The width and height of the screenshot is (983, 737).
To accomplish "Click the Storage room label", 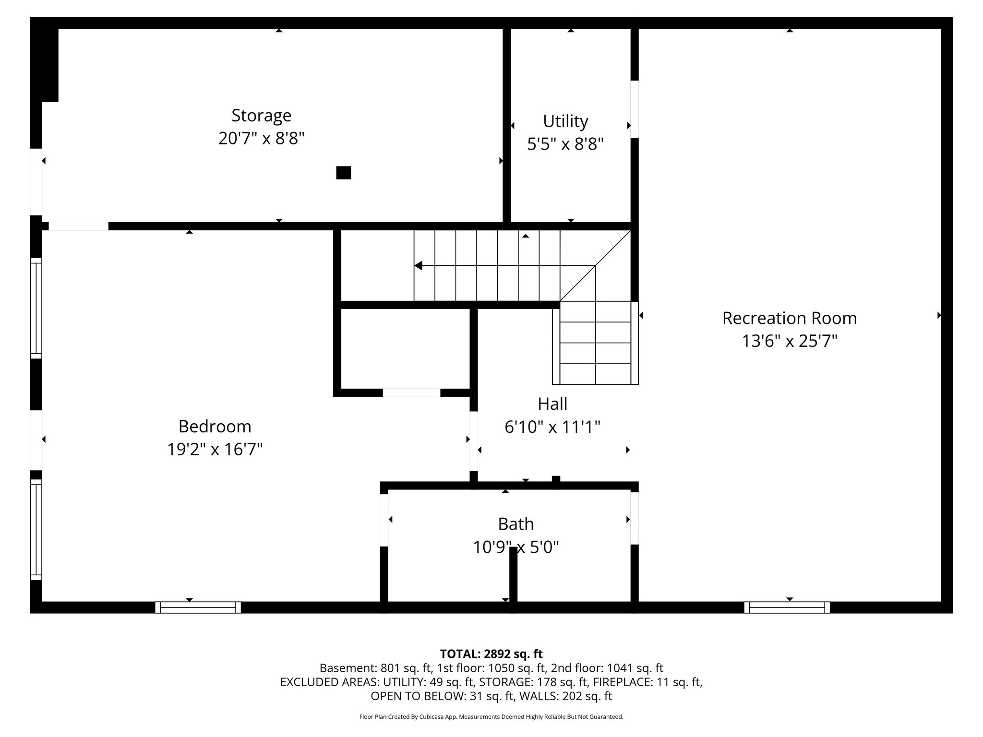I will click(261, 115).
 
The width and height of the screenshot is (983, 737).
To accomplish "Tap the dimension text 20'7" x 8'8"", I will click(261, 139).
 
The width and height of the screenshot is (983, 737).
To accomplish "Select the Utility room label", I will click(565, 121).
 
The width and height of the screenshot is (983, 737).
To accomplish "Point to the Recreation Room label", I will click(789, 318).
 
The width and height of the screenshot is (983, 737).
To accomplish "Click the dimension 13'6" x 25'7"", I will click(789, 341).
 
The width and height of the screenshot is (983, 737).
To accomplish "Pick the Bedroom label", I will click(215, 426).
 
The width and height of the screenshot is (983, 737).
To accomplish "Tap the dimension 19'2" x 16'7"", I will click(215, 450).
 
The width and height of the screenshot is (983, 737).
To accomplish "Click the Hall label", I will click(552, 404).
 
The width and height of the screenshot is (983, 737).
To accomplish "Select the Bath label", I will click(515, 523).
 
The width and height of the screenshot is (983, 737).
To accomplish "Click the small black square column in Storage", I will click(343, 173).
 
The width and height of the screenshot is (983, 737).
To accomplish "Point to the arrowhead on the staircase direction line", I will click(418, 265).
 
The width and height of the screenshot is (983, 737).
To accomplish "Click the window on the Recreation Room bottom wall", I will click(787, 607).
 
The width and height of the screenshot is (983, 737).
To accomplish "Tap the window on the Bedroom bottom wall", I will click(198, 607).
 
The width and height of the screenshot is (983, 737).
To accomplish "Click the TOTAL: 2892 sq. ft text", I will click(491, 654).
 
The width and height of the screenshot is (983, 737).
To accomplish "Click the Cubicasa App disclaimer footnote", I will click(491, 717).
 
